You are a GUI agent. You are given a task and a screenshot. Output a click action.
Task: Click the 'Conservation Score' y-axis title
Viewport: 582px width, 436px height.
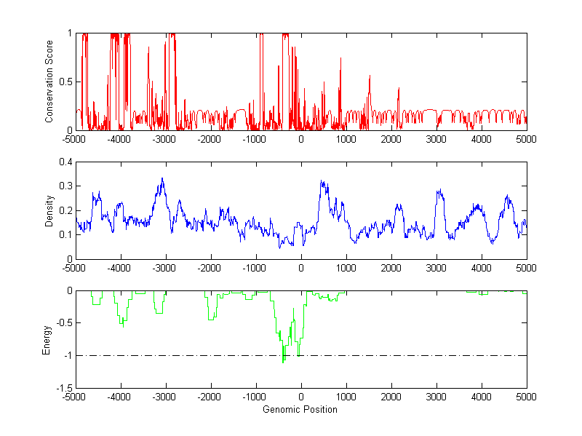pos(49,82)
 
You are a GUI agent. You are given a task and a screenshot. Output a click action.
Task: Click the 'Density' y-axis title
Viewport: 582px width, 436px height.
pos(49,210)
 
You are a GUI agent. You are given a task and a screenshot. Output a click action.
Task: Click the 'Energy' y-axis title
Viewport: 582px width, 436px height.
pos(47,339)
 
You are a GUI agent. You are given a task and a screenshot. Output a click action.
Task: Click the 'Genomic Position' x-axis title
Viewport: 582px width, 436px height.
pos(300,410)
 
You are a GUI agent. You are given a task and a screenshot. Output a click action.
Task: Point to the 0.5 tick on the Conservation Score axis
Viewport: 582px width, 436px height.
pos(64,82)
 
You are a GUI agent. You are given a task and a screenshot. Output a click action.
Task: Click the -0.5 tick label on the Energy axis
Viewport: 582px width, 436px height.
pos(61,323)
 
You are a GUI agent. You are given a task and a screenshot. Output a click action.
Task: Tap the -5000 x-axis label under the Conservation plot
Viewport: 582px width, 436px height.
pos(74,139)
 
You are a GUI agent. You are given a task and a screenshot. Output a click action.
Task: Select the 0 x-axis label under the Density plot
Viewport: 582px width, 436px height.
pos(300,268)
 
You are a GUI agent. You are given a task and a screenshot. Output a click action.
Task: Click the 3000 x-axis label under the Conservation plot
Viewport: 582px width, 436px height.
pos(436,139)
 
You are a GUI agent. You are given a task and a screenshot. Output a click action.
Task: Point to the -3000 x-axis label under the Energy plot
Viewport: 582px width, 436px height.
pos(164,397)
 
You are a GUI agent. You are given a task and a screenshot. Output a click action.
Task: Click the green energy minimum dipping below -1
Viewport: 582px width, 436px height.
pos(283,360)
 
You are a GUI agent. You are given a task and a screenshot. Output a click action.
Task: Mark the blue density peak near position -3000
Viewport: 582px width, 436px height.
pos(162,178)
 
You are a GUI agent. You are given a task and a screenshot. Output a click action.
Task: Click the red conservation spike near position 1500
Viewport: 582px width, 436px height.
pos(370,76)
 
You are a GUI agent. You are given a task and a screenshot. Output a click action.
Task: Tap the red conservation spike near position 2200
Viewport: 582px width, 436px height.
pos(399,89)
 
